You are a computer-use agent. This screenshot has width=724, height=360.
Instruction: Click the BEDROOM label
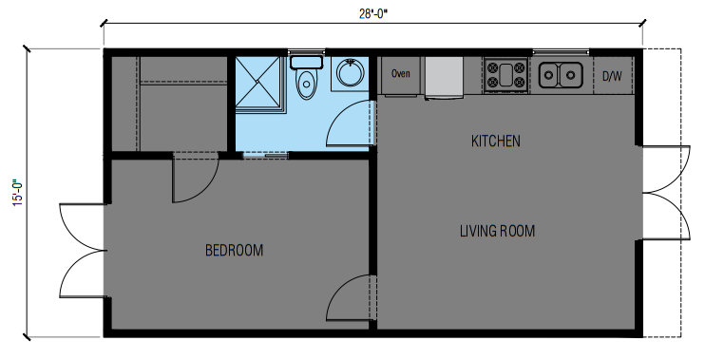[x=234, y=250]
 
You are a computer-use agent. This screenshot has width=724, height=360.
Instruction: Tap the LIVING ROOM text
[x=497, y=231]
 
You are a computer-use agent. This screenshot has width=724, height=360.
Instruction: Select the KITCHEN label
[x=495, y=141]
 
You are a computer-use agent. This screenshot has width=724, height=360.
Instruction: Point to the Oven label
[x=400, y=73]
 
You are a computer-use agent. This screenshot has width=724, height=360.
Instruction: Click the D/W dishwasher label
[x=612, y=77]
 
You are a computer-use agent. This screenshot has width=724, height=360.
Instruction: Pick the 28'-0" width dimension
[x=373, y=14]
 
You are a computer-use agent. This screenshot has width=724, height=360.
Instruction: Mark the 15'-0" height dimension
[x=17, y=193]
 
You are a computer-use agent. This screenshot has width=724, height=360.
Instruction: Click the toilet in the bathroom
[x=306, y=77]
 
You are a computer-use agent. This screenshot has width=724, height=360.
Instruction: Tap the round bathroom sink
[x=350, y=72]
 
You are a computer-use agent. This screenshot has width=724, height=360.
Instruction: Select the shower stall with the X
[x=258, y=83]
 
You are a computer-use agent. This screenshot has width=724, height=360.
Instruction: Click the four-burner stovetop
[x=506, y=75]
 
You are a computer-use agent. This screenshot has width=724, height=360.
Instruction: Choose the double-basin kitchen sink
[x=561, y=75]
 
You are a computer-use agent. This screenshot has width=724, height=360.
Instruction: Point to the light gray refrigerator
[x=445, y=77]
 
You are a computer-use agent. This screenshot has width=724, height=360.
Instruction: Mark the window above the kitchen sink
[x=561, y=51]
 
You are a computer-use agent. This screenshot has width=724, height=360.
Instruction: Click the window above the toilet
[x=306, y=51]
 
